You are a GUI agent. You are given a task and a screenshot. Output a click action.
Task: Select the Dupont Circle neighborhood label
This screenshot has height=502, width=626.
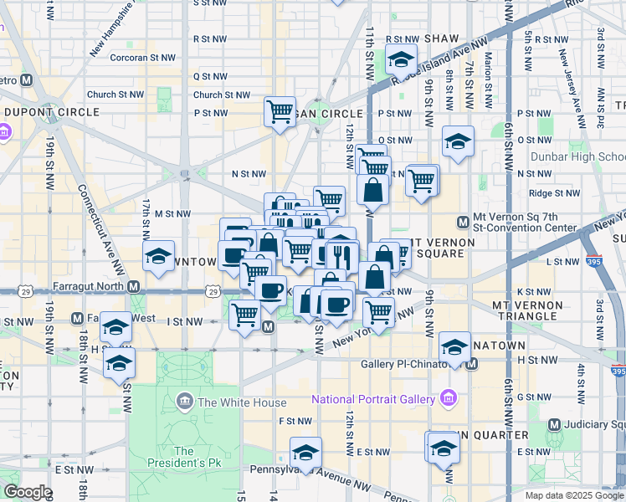[52, 111]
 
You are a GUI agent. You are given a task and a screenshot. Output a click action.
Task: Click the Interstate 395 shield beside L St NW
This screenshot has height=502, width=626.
[595, 261]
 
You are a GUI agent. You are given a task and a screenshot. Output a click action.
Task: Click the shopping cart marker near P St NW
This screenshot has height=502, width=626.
[280, 112]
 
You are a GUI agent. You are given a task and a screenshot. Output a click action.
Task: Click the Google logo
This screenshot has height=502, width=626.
[27, 492]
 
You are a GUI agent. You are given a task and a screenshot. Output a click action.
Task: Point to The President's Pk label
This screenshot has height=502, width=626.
[184, 457]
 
